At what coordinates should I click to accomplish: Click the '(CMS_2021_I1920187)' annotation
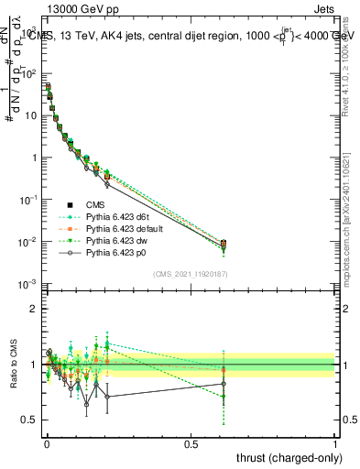(x=189, y=274)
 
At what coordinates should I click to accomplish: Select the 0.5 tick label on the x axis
(x=191, y=442)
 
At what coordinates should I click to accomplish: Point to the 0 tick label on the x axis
(x=46, y=442)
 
